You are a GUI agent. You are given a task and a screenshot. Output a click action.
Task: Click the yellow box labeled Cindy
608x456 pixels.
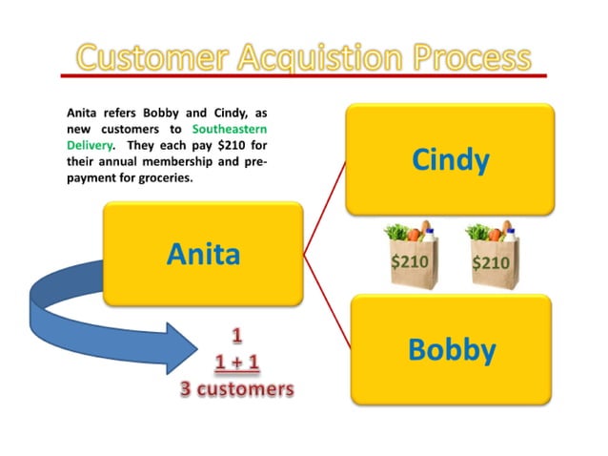[450, 159]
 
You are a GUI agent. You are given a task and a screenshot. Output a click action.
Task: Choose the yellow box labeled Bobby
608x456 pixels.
[451, 349]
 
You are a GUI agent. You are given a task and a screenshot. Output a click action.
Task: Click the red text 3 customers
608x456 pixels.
[236, 389]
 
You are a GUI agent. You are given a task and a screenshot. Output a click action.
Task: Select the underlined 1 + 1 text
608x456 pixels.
[237, 363]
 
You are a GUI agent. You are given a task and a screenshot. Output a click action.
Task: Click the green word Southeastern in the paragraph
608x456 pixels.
[230, 128]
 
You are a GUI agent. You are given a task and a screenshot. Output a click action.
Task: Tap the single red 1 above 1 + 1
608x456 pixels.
[236, 337]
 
